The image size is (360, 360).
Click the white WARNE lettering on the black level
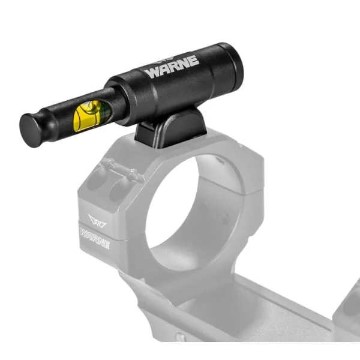click(172, 67)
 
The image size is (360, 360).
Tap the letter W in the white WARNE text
click(152, 73)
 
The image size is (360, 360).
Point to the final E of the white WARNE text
click(194, 61)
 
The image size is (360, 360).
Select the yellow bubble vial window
click(92, 116)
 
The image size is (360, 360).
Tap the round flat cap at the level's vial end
click(30, 131)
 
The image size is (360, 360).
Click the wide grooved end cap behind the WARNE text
click(230, 65)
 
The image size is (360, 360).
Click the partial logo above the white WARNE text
click(166, 61)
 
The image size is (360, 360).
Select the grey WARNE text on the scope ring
click(95, 238)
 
